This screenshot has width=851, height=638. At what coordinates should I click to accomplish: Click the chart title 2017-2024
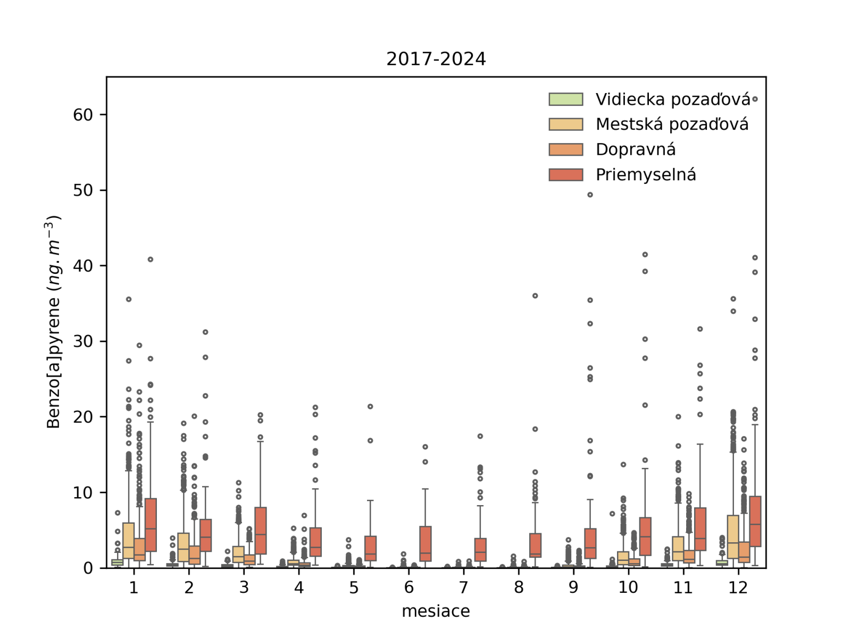click(436, 58)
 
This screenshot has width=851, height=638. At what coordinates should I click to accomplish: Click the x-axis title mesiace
click(436, 611)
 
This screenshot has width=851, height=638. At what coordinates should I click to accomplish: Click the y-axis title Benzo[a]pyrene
click(53, 322)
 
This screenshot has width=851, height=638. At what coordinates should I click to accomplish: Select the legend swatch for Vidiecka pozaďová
click(565, 99)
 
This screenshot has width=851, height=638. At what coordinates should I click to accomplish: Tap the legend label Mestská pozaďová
click(672, 124)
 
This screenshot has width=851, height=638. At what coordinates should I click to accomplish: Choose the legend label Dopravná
click(636, 149)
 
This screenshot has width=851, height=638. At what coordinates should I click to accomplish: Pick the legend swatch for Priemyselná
click(565, 175)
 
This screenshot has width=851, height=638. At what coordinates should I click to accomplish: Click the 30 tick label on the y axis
click(83, 341)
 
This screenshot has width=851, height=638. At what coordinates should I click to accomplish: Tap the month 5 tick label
click(354, 587)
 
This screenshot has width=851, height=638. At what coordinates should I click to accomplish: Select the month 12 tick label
click(738, 587)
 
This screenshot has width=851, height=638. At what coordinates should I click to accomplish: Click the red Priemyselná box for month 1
click(151, 525)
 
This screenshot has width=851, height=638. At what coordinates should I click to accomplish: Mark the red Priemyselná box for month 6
click(425, 543)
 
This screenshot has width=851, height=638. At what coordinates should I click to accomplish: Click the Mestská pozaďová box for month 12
click(733, 537)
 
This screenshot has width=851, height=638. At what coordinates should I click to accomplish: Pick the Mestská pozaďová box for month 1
click(128, 541)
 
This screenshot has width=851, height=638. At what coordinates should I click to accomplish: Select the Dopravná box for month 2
click(195, 555)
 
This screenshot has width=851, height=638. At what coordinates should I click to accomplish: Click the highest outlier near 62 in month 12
click(755, 99)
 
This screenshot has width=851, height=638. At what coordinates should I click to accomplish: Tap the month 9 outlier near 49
click(590, 195)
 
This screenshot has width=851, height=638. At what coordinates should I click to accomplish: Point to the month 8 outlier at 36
click(535, 296)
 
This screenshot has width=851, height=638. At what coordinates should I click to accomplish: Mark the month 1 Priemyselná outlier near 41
click(151, 259)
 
